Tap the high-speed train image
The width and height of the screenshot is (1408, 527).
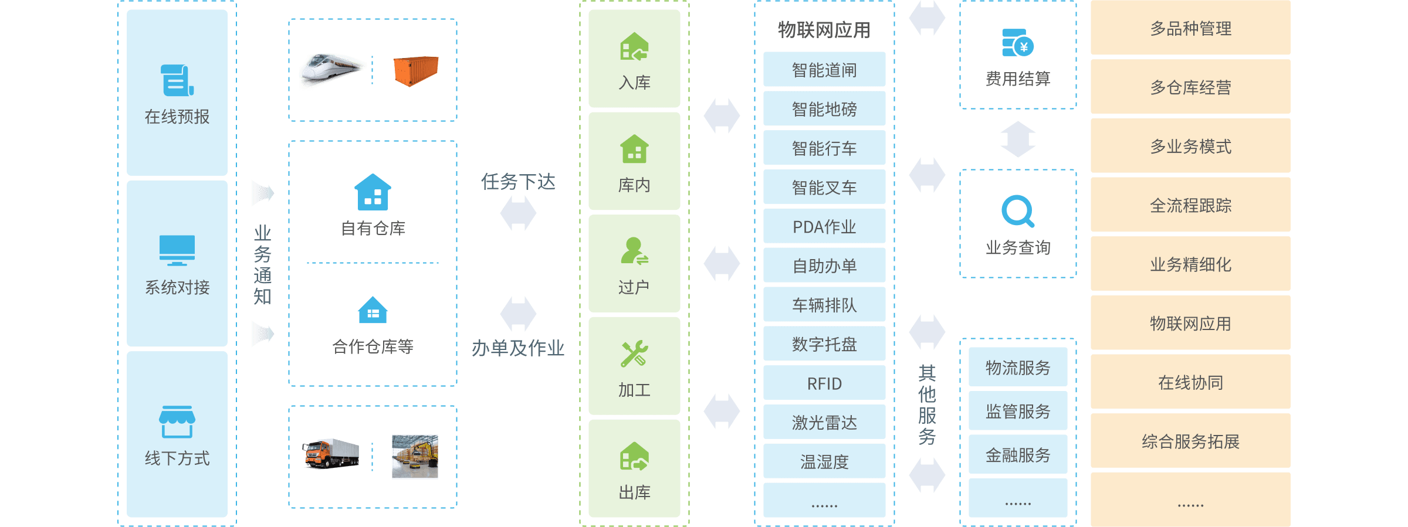(x=333, y=71)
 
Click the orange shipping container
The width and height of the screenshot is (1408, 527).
(x=415, y=71)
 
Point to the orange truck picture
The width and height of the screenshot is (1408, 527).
(x=330, y=454)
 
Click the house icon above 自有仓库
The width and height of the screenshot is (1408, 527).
(x=373, y=192)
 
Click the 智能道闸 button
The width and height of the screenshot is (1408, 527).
(x=824, y=70)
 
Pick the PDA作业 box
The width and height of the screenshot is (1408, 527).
(x=824, y=226)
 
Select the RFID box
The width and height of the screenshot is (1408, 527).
(x=824, y=383)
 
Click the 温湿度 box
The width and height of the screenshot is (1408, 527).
(x=824, y=461)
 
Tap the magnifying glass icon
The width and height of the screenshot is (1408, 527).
(x=1017, y=211)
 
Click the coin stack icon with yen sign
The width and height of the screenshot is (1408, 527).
(x=1017, y=43)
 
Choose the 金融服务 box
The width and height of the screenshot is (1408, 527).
(x=1018, y=454)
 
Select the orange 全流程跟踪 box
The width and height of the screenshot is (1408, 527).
(x=1190, y=205)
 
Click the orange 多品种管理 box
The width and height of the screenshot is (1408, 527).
(x=1190, y=28)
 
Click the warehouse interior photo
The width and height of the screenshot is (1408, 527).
(x=415, y=456)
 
